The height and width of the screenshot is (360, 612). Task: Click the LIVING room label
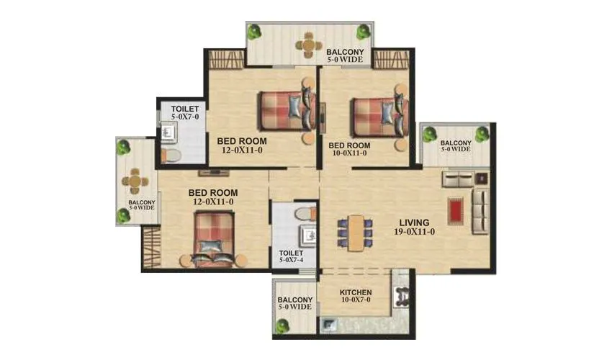[x=415, y=222]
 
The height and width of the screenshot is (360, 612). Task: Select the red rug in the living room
[x=455, y=210]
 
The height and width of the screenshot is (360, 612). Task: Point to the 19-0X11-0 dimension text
[x=414, y=232]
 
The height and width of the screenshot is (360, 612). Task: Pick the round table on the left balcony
[x=134, y=181]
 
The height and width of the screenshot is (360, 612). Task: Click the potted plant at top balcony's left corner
[x=254, y=32]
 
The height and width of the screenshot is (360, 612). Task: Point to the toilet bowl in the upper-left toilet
[x=173, y=156]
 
